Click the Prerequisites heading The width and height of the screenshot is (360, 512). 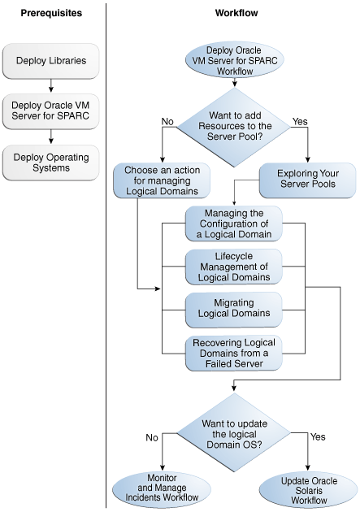[51, 13]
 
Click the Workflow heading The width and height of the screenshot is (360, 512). [236, 13]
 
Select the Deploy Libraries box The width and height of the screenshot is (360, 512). [51, 61]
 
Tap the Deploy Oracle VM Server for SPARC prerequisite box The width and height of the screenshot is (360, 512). [51, 111]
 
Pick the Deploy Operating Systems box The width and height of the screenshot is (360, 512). [51, 163]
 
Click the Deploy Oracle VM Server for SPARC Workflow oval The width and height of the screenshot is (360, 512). [234, 60]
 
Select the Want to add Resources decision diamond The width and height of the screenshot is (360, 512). [234, 127]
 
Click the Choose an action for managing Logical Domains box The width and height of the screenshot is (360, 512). [162, 180]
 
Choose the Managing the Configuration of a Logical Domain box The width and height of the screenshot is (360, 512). [234, 223]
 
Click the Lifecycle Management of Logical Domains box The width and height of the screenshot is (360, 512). [234, 267]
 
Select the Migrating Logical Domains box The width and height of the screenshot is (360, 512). [234, 310]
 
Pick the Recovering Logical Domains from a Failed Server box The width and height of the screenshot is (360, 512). [234, 353]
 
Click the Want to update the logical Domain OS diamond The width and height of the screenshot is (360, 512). [234, 433]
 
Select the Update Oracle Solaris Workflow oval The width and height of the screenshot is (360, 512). [309, 491]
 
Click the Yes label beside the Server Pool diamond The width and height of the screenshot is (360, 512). [300, 121]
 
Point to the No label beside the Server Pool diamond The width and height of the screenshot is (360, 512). [167, 121]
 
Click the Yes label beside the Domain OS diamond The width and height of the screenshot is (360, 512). [318, 436]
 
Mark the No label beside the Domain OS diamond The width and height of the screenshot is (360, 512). [152, 437]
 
